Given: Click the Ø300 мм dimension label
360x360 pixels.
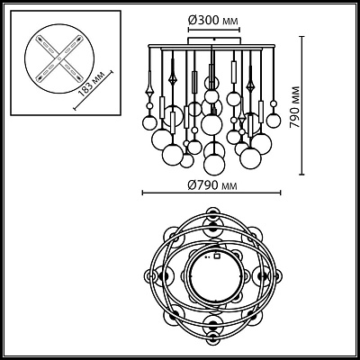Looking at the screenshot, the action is click(x=213, y=21).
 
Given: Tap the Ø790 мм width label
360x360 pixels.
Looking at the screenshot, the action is click(x=212, y=185).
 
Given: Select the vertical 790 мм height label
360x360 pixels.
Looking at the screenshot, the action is click(x=294, y=107).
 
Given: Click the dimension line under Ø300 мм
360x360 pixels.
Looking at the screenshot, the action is click(x=214, y=30).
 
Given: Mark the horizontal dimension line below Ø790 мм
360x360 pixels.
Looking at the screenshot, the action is click(x=211, y=193).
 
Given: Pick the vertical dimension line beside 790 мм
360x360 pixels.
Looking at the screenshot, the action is click(x=302, y=105).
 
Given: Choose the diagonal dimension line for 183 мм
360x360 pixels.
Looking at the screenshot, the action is click(x=94, y=90).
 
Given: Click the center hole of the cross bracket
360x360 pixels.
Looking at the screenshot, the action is click(x=59, y=58).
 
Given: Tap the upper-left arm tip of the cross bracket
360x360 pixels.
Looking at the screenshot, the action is click(x=39, y=39).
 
